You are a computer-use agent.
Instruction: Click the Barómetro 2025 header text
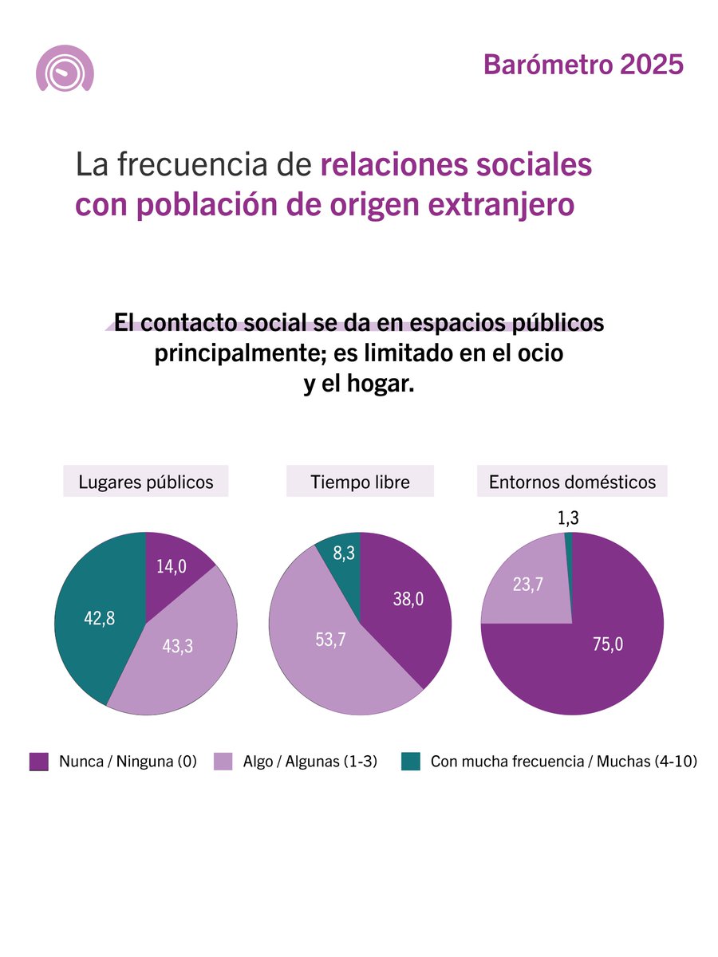point(583,65)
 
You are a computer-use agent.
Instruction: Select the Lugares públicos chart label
point(145,482)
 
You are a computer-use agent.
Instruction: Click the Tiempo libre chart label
point(360,482)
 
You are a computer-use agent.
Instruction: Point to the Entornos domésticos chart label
point(572,482)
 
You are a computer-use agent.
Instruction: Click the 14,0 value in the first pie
point(171,566)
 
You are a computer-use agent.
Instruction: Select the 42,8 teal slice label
point(100,617)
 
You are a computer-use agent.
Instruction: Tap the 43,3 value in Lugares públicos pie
point(178,647)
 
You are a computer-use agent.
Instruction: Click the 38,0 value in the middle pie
point(408,600)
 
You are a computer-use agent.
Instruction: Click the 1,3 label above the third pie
point(568,518)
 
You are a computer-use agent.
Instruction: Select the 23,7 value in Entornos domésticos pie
point(527,585)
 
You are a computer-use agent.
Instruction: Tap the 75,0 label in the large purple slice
point(607,644)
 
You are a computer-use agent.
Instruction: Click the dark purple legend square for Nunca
point(39,762)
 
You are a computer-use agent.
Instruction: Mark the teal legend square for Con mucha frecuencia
point(410,762)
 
